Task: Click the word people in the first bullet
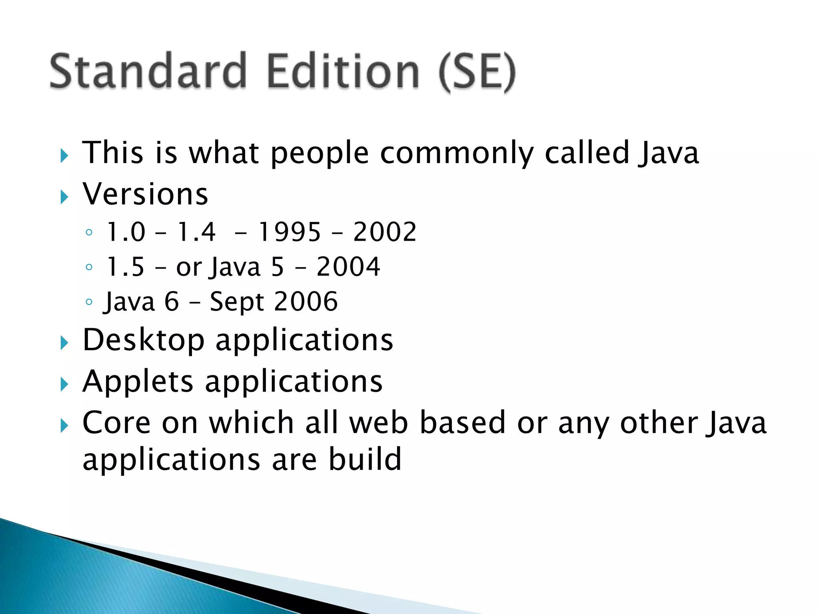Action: (x=320, y=154)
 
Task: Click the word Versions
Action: (x=145, y=194)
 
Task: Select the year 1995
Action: (x=290, y=232)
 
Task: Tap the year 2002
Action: (x=385, y=232)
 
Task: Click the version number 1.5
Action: (x=125, y=267)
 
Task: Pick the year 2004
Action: (x=348, y=267)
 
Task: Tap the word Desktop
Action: (x=144, y=340)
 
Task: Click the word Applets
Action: (x=138, y=382)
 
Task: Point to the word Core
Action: (x=117, y=423)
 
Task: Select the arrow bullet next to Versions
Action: (x=64, y=197)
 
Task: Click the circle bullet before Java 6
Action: (x=89, y=302)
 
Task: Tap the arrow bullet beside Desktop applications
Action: (x=64, y=343)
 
